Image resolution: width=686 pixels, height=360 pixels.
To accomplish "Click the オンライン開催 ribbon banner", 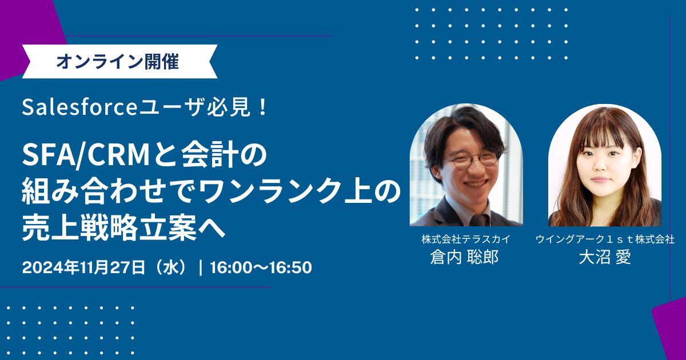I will pos(117,62).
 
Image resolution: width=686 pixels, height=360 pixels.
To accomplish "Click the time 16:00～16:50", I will pos(261,267).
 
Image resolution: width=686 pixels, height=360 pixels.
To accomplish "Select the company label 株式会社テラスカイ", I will pos(465,239).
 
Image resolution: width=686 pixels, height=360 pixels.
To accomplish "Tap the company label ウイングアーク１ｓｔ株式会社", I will pos(605,239).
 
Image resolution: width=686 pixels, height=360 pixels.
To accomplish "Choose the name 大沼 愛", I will pos(605,257).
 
